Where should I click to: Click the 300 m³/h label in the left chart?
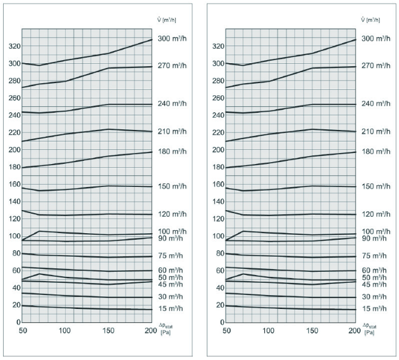173,39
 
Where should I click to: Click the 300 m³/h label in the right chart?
376,39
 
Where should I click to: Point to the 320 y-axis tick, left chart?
13,46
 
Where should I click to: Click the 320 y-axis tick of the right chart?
216,46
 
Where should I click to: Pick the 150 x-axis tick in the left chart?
92,330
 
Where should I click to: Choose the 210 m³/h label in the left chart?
173,131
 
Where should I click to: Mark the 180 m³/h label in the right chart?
376,151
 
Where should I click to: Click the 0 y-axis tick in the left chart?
18,322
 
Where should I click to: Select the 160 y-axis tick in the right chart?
216,184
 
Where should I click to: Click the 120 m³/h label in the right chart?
376,214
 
